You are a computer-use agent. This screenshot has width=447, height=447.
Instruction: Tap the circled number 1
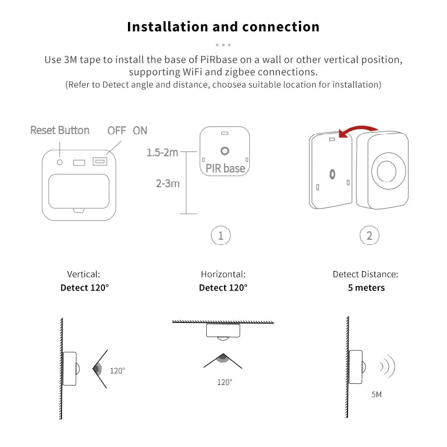click(x=221, y=236)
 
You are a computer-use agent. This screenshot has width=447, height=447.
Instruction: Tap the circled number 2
click(x=369, y=236)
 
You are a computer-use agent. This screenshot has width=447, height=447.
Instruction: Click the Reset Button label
click(x=60, y=130)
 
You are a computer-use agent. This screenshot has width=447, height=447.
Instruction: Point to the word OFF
click(x=117, y=130)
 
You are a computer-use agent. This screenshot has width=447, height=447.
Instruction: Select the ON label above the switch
click(x=140, y=130)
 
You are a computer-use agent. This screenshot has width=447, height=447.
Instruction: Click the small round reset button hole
click(x=60, y=161)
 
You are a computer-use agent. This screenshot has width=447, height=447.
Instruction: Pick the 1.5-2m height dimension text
click(x=163, y=152)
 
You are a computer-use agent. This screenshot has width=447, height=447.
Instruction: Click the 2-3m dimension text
click(x=168, y=183)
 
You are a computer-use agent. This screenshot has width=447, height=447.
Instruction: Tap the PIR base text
click(x=225, y=168)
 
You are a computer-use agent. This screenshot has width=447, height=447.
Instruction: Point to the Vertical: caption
click(x=83, y=274)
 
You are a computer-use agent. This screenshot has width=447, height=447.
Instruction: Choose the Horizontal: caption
click(x=223, y=274)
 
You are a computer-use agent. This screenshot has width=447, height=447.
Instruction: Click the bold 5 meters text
click(x=366, y=288)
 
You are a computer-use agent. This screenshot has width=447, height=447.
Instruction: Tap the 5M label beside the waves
click(x=377, y=394)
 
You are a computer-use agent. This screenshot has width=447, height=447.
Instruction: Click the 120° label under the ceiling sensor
click(x=225, y=382)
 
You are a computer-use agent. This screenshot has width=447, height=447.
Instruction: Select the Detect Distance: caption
click(x=365, y=274)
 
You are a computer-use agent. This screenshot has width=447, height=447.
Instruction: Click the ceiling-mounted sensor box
click(x=223, y=330)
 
